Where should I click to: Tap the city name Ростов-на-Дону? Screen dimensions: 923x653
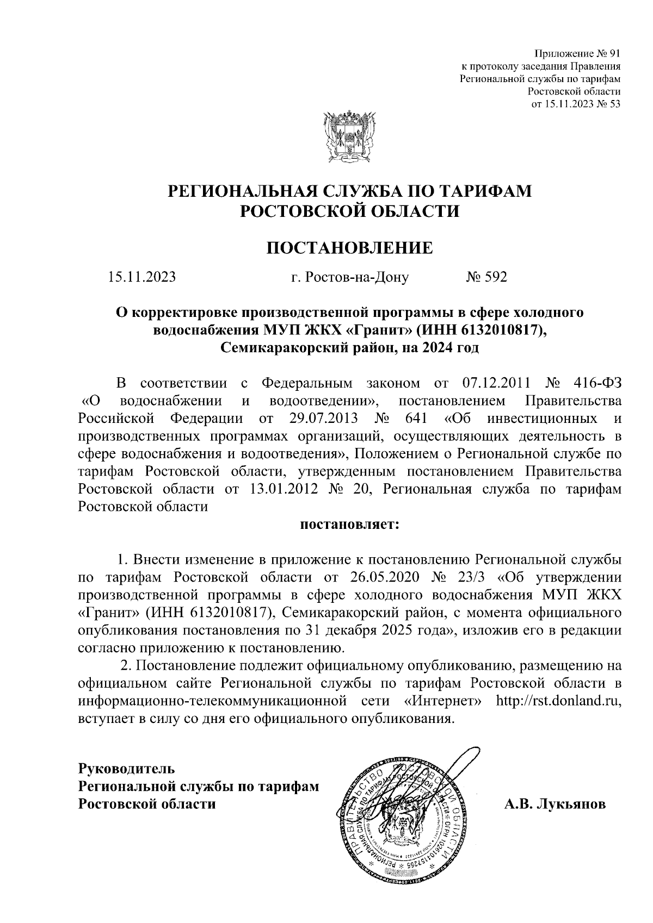click(x=350, y=278)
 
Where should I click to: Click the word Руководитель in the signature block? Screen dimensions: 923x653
click(x=127, y=769)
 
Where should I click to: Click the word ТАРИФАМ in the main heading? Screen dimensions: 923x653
click(x=484, y=191)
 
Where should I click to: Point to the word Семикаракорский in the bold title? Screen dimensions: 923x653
click(x=284, y=348)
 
